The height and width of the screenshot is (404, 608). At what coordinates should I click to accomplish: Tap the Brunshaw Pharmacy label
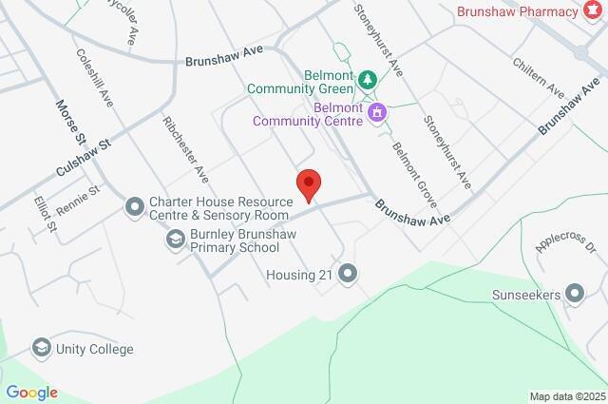[516, 11]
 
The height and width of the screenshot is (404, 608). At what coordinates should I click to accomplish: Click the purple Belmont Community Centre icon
[378, 113]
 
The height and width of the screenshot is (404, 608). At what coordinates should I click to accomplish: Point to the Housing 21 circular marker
[348, 275]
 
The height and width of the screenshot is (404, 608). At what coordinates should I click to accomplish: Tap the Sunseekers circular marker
[574, 295]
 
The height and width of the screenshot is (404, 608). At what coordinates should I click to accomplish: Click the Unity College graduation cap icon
[41, 349]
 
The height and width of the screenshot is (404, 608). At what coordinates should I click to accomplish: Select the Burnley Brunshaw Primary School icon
[175, 240]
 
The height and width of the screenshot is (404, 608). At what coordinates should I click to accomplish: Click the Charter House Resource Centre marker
[135, 205]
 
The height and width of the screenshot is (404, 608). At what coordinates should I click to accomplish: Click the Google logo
[31, 392]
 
